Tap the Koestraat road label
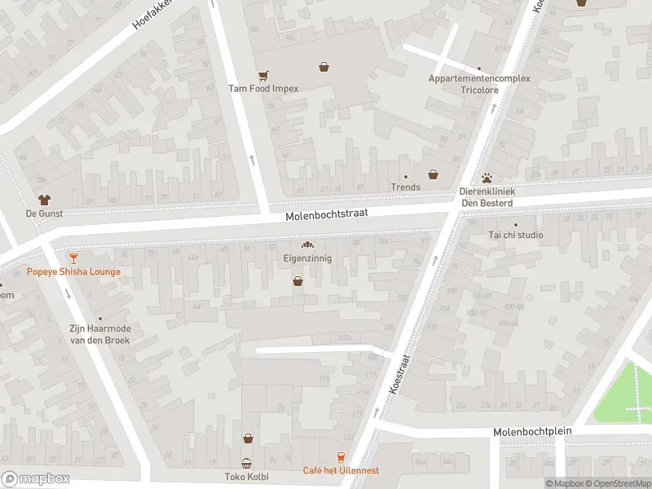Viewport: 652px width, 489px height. pyautogui.click(x=399, y=374)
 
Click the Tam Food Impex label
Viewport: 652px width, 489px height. pyautogui.click(x=263, y=88)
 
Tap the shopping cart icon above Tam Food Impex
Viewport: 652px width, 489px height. pyautogui.click(x=263, y=74)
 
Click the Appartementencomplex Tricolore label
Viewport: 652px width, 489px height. pyautogui.click(x=479, y=84)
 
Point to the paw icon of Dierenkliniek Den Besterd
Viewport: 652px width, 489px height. pyautogui.click(x=487, y=177)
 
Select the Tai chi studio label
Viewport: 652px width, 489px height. pyautogui.click(x=515, y=235)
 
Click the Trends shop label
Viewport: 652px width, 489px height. pyautogui.click(x=405, y=187)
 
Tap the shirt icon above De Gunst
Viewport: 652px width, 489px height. pyautogui.click(x=44, y=199)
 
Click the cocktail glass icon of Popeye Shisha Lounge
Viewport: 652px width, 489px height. pyautogui.click(x=73, y=258)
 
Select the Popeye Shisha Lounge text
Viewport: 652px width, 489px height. pyautogui.click(x=73, y=271)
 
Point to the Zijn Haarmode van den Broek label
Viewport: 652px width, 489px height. pyautogui.click(x=100, y=333)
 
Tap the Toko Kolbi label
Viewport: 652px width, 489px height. pyautogui.click(x=247, y=476)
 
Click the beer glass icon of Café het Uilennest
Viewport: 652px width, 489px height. pyautogui.click(x=341, y=458)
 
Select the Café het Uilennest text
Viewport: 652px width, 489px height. pyautogui.click(x=341, y=470)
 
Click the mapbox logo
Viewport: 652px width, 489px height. pyautogui.click(x=35, y=478)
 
